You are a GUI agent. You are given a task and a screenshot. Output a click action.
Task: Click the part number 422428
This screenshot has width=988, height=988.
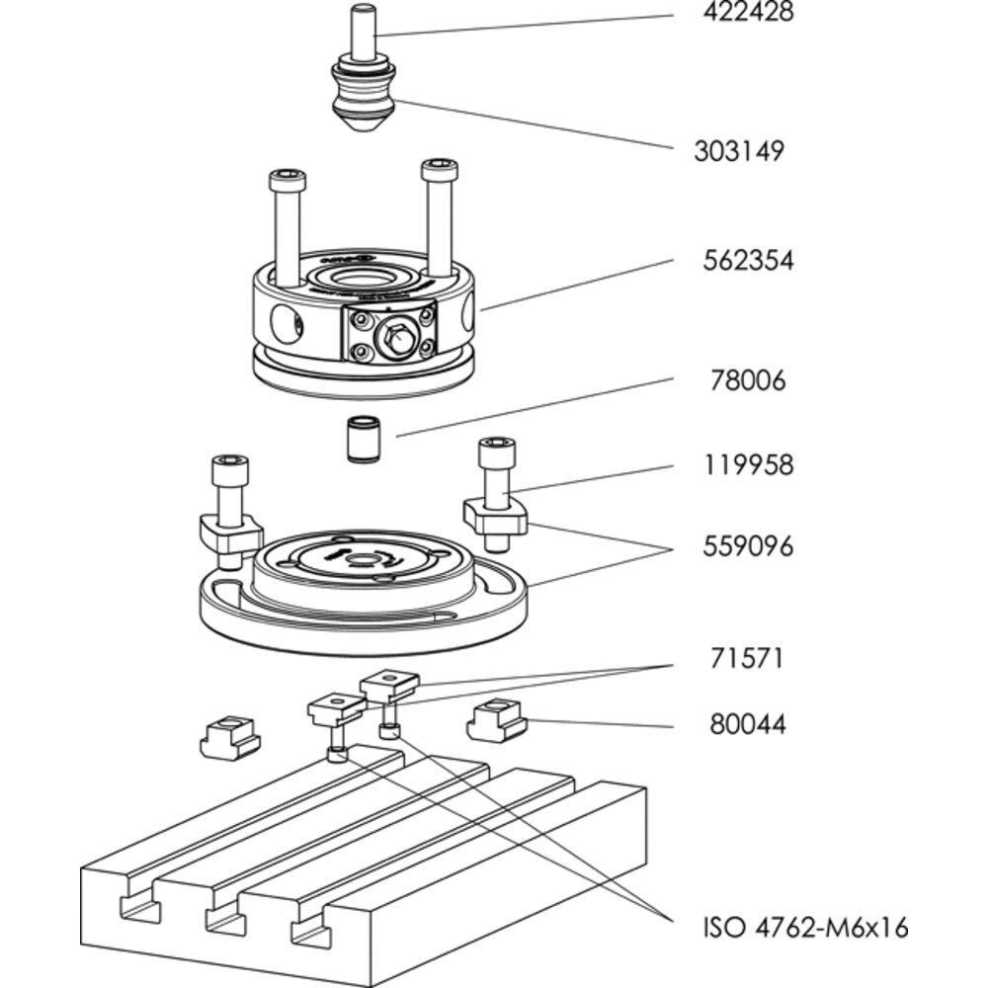coord(747,14)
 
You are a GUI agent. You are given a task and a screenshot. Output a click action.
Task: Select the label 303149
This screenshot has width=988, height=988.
coord(739,151)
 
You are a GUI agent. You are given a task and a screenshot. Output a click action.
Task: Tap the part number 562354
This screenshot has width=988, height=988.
coord(748,261)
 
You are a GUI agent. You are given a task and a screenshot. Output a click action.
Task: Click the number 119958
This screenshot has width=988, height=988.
coord(747,464)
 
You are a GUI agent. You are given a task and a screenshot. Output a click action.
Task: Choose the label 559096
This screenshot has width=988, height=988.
coord(748,546)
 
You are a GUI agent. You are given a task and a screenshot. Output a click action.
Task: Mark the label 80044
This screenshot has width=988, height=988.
coord(748,724)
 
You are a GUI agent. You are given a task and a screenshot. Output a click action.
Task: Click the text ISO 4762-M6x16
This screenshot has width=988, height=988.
coord(805,928)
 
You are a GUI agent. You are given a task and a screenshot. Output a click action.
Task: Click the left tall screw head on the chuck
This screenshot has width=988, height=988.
coord(287,182)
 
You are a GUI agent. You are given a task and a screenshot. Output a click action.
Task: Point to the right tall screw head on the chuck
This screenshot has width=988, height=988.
coord(440,169)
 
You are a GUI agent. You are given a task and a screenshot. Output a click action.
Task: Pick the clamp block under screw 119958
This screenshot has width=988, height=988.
coord(495,516)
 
